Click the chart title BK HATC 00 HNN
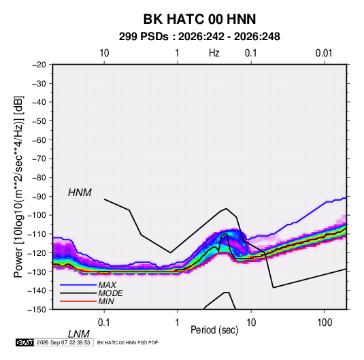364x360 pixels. click(199, 19)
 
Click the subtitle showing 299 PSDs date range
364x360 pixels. click(199, 37)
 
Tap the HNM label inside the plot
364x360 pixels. click(80, 193)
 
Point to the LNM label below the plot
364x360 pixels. click(79, 334)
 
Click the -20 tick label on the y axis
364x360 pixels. click(39, 65)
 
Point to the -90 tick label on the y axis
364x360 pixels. click(39, 197)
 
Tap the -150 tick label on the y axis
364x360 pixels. click(37, 310)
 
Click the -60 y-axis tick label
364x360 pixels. click(39, 140)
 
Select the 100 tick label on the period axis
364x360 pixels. click(325, 323)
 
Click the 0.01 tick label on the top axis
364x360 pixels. click(324, 53)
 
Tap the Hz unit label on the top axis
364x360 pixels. click(214, 53)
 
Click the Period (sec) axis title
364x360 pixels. click(214, 330)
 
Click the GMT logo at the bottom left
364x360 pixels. click(25, 342)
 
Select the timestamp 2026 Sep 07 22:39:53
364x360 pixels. click(63, 342)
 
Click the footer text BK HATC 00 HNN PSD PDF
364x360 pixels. click(127, 342)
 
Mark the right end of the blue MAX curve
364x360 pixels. click(346, 199)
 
